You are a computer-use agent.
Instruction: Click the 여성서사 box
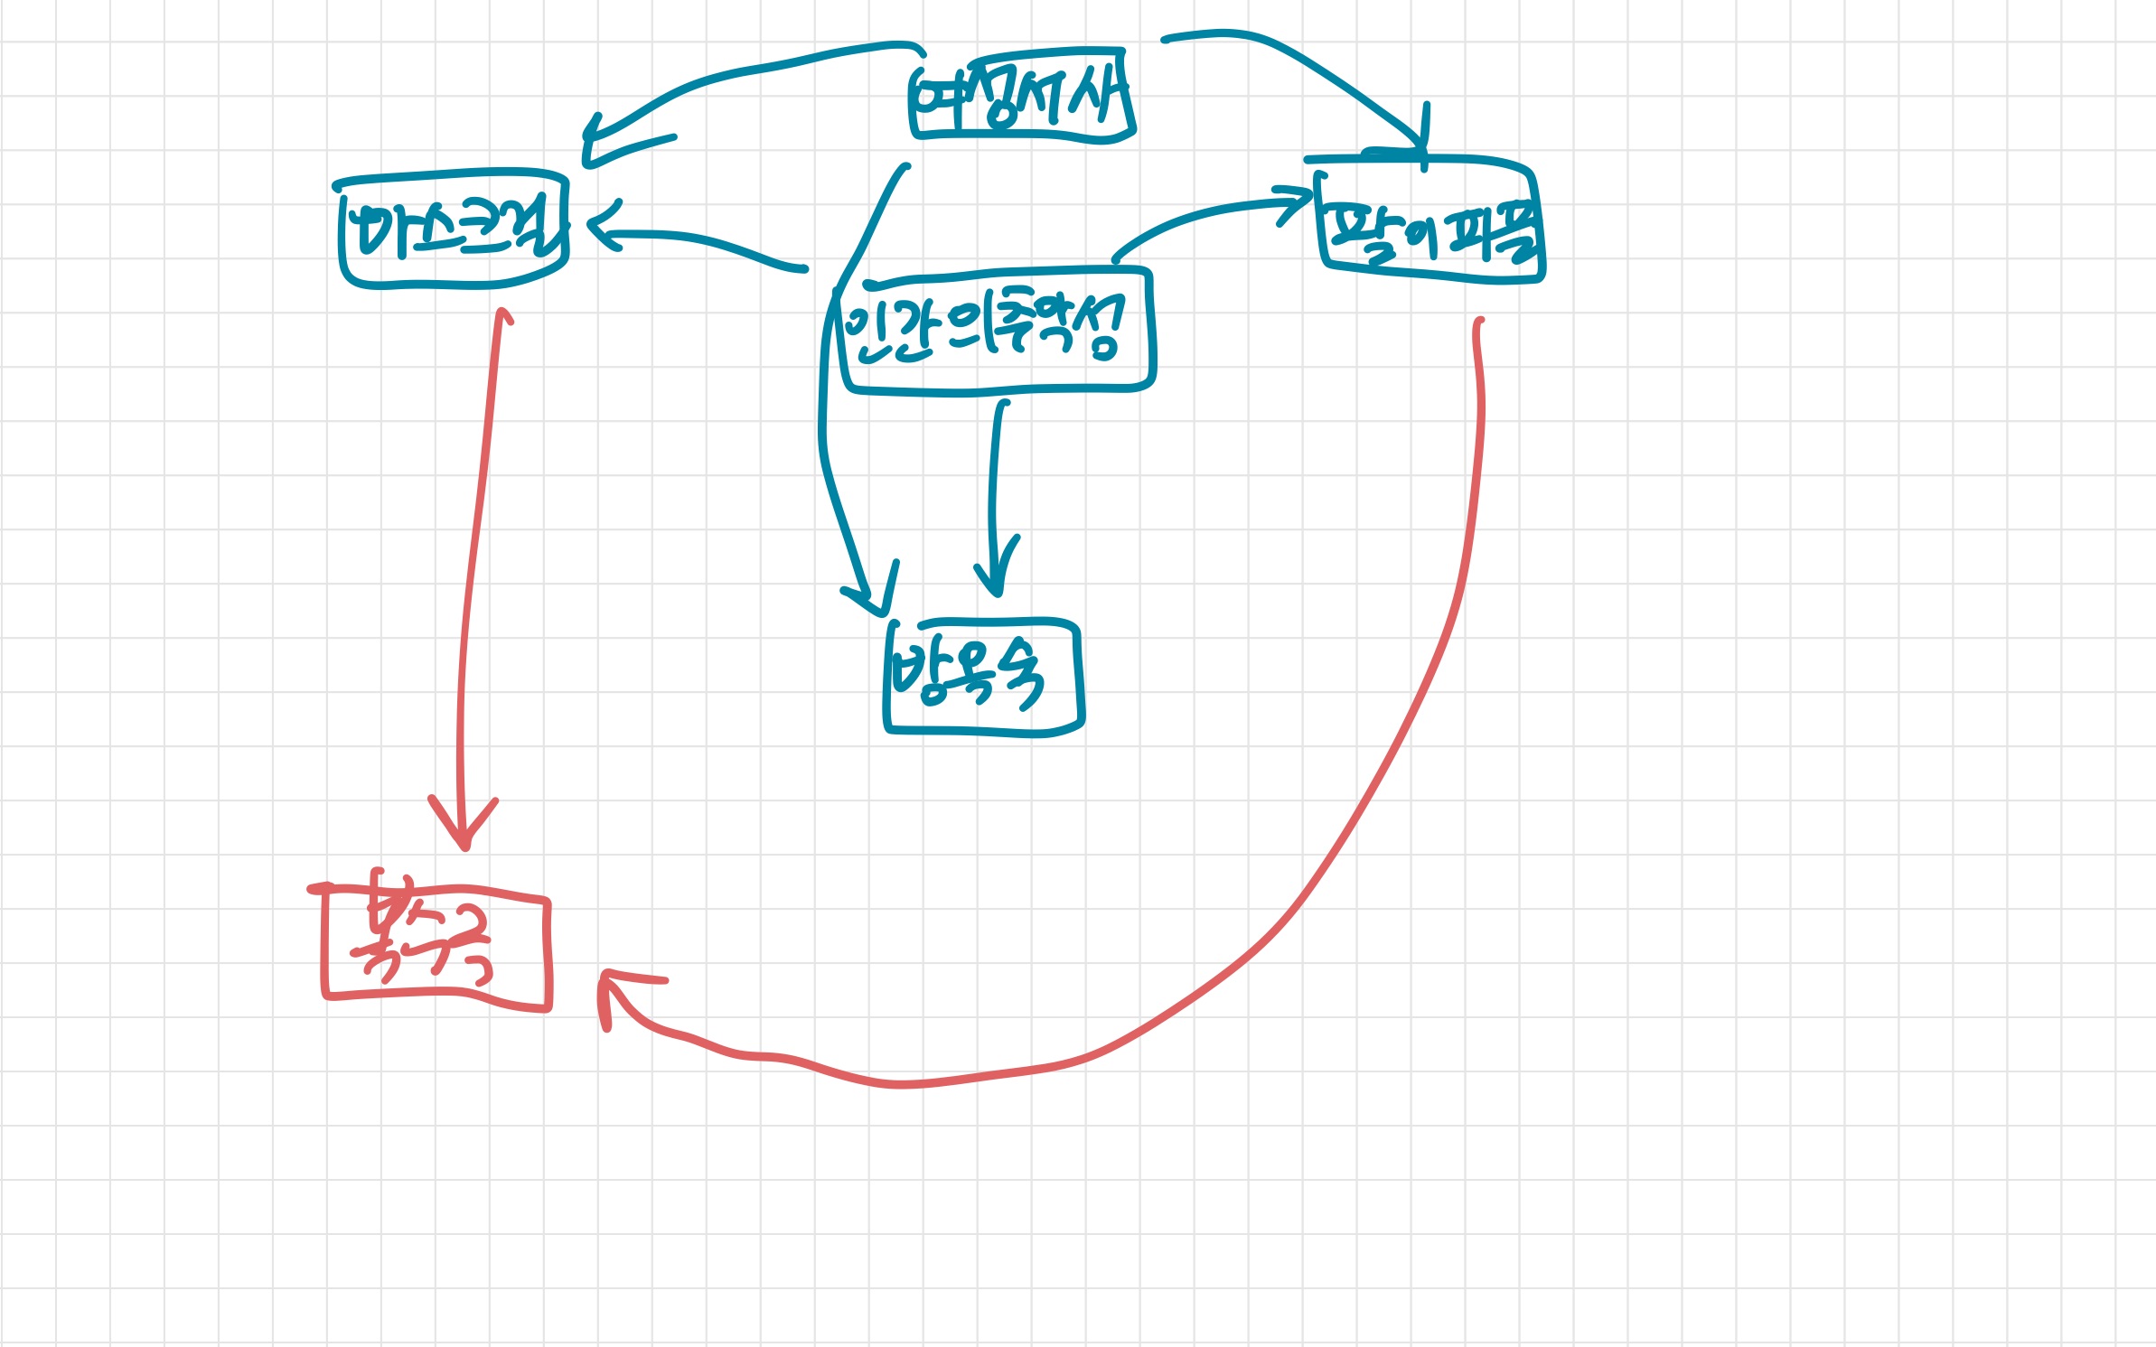[x=1021, y=96]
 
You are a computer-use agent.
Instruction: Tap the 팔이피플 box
[x=1431, y=222]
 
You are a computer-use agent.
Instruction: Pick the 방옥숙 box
[x=983, y=678]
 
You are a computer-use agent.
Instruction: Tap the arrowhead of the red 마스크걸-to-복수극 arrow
[x=464, y=831]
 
